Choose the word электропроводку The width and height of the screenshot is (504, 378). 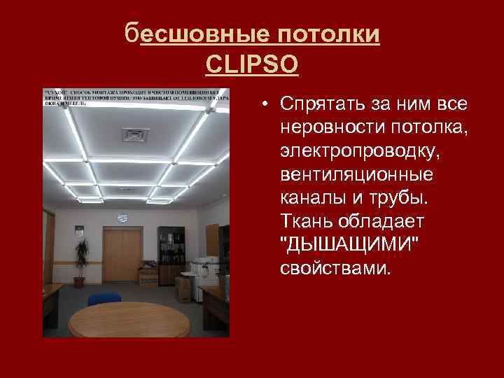342,150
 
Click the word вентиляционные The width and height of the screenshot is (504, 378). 337,174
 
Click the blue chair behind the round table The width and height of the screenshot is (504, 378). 105,298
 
